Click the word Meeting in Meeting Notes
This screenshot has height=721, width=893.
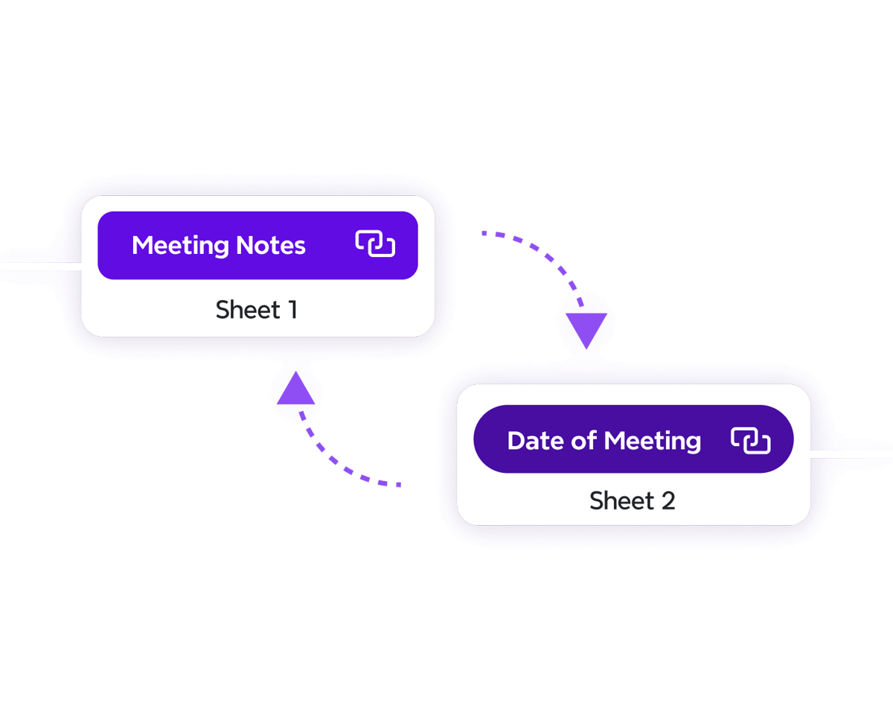pos(180,246)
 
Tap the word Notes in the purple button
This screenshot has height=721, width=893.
pos(270,246)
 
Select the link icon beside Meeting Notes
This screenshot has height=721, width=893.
pos(375,244)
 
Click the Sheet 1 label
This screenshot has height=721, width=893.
pos(257,310)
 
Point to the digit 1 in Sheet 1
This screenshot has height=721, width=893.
pos(293,310)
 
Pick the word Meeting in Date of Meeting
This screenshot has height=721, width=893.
pos(653,441)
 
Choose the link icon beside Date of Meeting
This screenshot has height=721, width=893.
pos(750,440)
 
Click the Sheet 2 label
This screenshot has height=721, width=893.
pos(633,501)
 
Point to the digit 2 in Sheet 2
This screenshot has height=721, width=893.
pos(668,501)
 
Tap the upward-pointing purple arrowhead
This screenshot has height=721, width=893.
pos(296,390)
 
